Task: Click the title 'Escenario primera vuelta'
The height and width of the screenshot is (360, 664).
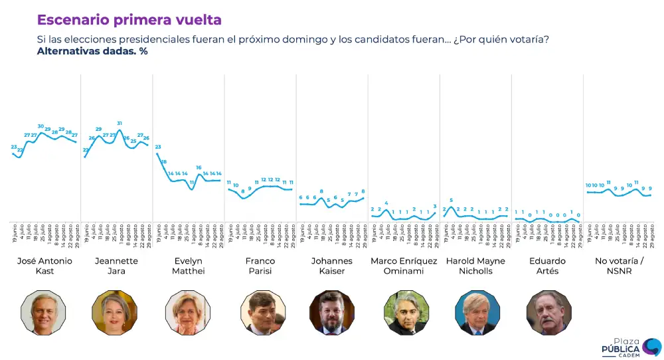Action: [x=129, y=20]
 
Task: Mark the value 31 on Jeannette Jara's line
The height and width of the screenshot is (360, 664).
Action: [x=120, y=124]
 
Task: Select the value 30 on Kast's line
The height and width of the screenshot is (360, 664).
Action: [x=41, y=126]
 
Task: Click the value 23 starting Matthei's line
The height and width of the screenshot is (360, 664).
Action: [x=158, y=147]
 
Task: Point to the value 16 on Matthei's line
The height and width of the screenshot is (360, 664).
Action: [x=199, y=167]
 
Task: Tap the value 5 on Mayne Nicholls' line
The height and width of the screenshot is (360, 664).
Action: [x=451, y=200]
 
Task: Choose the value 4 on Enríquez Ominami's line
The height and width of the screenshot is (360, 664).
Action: [x=386, y=203]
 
